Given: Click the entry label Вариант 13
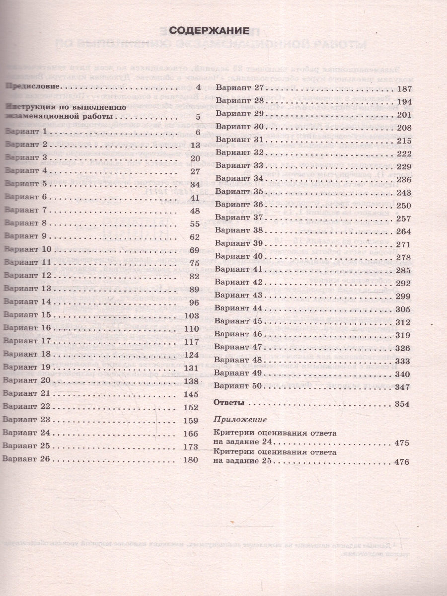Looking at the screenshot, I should point(27,289).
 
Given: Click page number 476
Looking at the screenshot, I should point(400,462).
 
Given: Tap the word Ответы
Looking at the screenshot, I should point(229,403).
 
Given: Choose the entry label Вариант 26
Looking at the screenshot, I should point(27,459).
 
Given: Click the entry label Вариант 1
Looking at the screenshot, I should point(25,132).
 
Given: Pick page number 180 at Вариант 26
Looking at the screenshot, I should point(191,460).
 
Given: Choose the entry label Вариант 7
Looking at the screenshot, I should point(25,210).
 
